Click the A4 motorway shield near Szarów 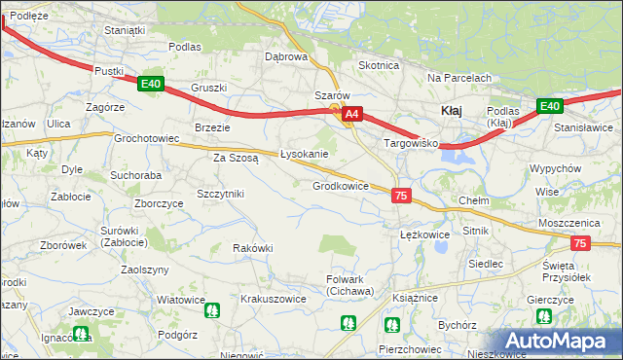click(351, 114)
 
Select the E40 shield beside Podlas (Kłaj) click(549, 106)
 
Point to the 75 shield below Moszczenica click(580, 244)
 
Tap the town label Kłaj click(452, 111)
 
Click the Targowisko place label click(412, 143)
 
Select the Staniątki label click(125, 30)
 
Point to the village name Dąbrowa click(286, 56)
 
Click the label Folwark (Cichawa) click(349, 285)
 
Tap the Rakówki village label click(252, 248)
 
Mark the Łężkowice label click(424, 234)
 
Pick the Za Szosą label click(236, 157)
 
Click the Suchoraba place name click(135, 176)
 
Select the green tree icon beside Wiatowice click(212, 311)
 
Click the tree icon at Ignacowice click(83, 334)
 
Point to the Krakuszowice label click(274, 299)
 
